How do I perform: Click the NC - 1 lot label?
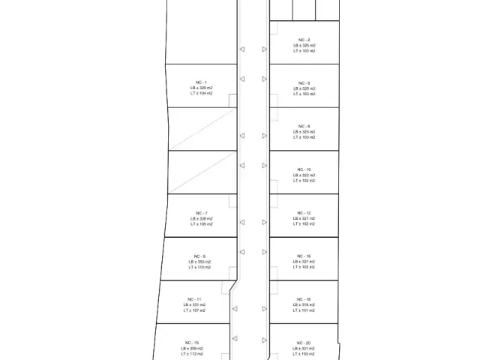tap(201, 82)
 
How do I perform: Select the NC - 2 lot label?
tap(304, 39)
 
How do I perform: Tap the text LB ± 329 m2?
tap(201, 88)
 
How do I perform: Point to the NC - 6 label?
tap(304, 82)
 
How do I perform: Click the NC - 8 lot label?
tap(304, 126)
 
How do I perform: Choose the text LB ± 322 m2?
tap(304, 175)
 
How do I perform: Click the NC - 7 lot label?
tap(201, 213)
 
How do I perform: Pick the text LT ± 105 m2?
tap(201, 224)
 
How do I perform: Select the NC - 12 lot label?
tap(304, 213)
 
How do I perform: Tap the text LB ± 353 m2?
tap(199, 262)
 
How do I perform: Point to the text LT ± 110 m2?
tap(199, 267)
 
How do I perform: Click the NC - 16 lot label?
tap(304, 256)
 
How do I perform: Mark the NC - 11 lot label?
tap(193, 299)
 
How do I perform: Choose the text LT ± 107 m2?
tap(193, 310)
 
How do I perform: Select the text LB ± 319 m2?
tap(304, 304)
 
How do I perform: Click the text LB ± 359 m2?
tap(191, 348)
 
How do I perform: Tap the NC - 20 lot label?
tap(304, 343)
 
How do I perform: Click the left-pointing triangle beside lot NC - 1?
tap(241, 78)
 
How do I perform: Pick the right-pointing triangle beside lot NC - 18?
tap(265, 308)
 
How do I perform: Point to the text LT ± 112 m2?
tap(191, 353)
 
